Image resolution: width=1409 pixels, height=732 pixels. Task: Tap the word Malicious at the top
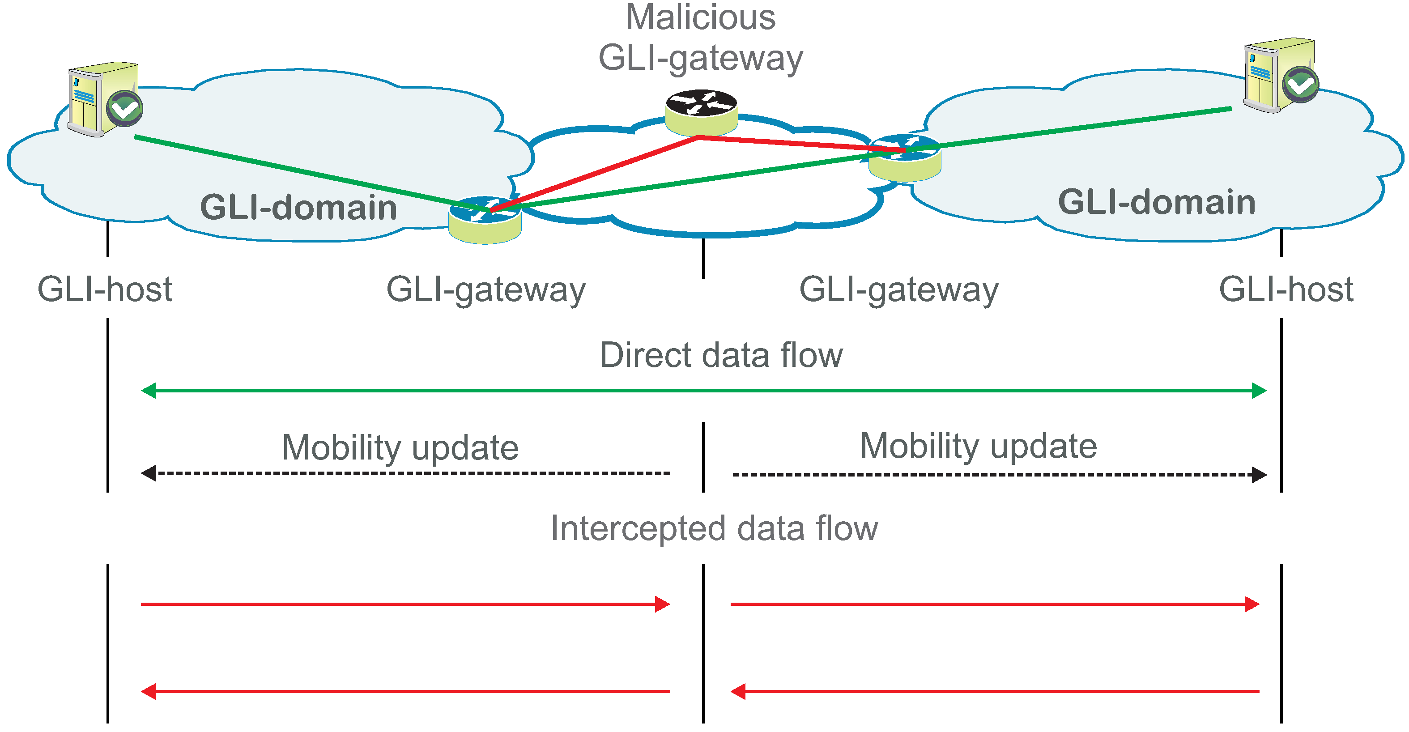(700, 17)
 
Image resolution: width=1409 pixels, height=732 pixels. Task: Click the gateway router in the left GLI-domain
(485, 221)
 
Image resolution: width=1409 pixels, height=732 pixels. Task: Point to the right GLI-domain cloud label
(1157, 202)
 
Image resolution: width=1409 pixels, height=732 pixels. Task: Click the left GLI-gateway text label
(486, 290)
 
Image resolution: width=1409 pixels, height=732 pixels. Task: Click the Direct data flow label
(721, 355)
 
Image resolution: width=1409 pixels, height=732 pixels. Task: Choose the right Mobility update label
(979, 447)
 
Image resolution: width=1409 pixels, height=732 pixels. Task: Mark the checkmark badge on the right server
(1301, 84)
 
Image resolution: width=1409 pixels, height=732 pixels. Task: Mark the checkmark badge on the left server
(125, 108)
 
